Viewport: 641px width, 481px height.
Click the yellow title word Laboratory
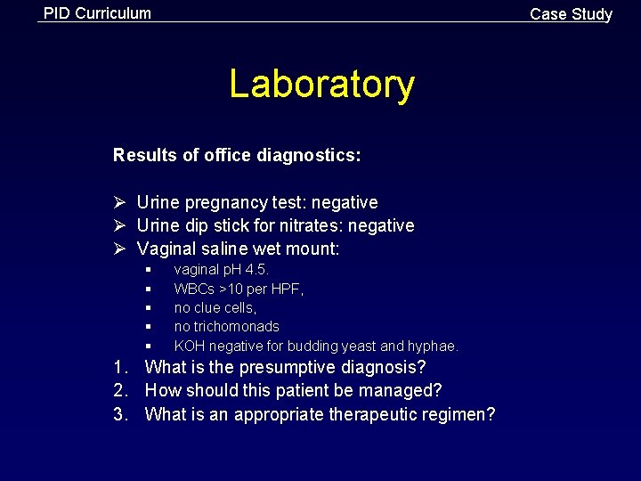click(x=321, y=85)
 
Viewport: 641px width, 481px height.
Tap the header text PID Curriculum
click(x=97, y=13)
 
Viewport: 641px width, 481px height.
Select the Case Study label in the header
click(x=571, y=14)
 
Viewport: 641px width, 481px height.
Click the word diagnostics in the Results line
click(x=308, y=156)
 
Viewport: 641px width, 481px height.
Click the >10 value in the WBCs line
click(x=232, y=289)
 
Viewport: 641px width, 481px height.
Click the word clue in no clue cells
click(x=209, y=307)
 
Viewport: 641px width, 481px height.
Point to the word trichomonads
click(x=236, y=327)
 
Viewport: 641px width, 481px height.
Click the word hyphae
click(x=434, y=346)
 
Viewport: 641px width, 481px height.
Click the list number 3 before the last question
click(x=120, y=414)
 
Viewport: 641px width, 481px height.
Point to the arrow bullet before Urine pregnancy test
click(x=119, y=203)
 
